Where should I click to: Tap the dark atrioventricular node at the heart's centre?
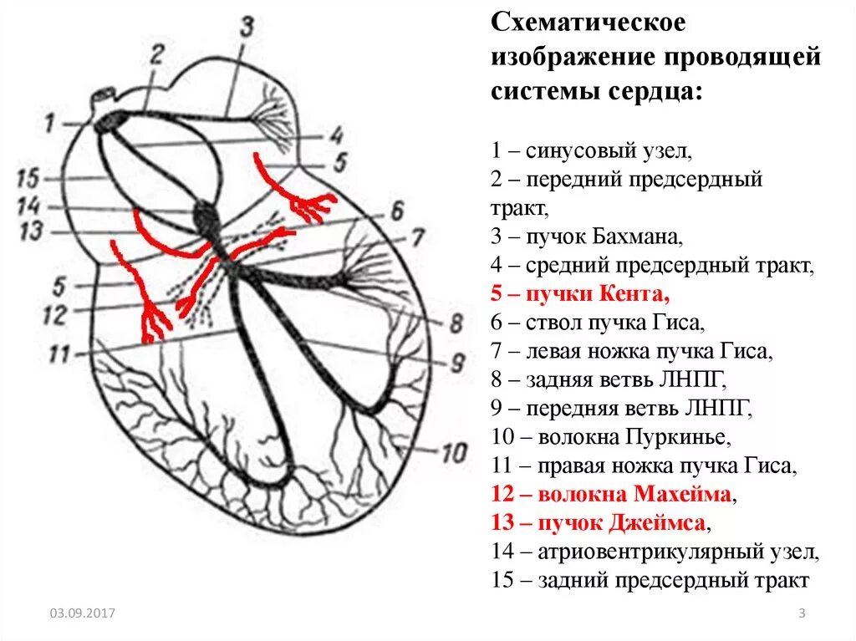point(206,216)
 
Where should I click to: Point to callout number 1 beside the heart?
point(49,124)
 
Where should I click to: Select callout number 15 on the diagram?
point(28,178)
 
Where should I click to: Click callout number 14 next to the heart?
point(29,206)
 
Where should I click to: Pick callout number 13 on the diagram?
point(30,231)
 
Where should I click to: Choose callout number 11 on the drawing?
point(59,354)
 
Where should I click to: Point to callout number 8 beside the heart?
point(456,323)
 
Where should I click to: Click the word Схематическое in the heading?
point(588,23)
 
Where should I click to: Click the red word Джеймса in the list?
point(660,523)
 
